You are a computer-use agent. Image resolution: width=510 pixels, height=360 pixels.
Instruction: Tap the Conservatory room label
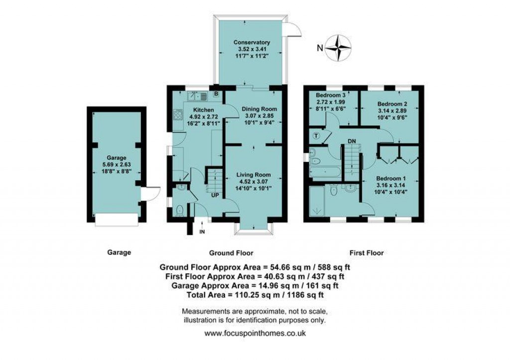pos(252,43)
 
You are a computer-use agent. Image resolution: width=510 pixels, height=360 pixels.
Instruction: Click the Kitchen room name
pos(203,110)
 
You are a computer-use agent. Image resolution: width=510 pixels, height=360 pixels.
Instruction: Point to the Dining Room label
pos(259,109)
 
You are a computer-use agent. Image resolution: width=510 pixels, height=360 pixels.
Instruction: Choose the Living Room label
pos(253,175)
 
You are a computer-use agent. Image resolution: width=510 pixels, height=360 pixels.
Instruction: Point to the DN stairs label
pos(352,141)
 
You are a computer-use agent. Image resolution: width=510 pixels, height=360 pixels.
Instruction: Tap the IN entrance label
pos(201,232)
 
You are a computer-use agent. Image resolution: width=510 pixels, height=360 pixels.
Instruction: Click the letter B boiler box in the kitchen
pos(216,93)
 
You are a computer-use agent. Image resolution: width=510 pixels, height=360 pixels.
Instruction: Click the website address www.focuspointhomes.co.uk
pos(255,333)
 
